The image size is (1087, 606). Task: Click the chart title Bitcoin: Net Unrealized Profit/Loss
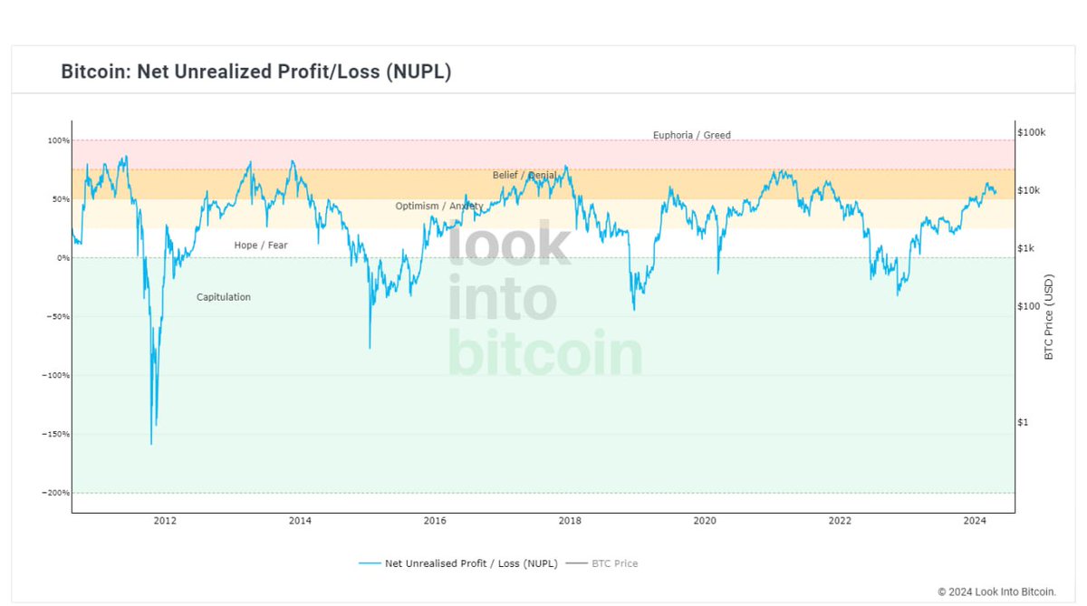(x=255, y=72)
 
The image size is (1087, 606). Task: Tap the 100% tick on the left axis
(x=58, y=140)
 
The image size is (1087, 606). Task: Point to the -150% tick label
(x=55, y=434)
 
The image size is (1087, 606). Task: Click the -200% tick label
(x=55, y=493)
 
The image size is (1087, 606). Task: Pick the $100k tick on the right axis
(x=1031, y=132)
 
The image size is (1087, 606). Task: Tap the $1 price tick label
(x=1023, y=422)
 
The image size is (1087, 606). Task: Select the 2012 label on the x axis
(x=164, y=521)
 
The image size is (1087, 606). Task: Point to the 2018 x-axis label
(x=570, y=521)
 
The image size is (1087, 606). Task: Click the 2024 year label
(x=975, y=521)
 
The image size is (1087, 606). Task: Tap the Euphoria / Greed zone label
(x=691, y=136)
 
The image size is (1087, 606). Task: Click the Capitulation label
(x=224, y=297)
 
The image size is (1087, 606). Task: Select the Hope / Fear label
(x=261, y=245)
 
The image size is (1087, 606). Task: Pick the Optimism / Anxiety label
(x=438, y=207)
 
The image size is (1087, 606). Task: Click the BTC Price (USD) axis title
(x=1049, y=317)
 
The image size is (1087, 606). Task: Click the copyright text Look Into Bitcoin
(x=996, y=592)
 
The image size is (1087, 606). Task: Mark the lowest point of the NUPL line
(x=151, y=444)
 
